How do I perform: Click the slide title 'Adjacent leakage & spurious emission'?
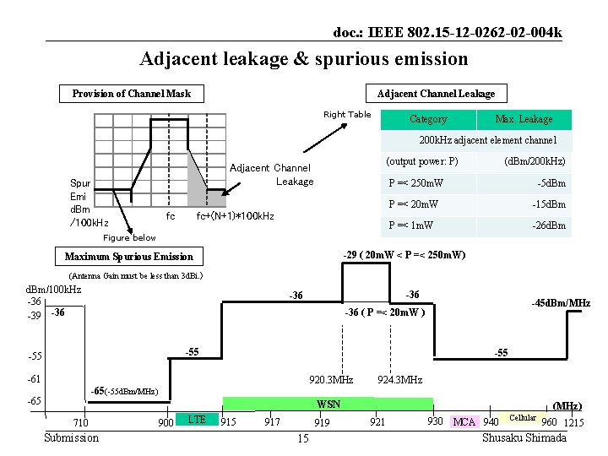pyautogui.click(x=303, y=59)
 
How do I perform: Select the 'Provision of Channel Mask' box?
pyautogui.click(x=131, y=94)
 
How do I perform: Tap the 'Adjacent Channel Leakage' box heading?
pyautogui.click(x=436, y=94)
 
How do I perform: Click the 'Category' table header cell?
pyautogui.click(x=427, y=119)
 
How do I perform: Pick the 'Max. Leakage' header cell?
pyautogui.click(x=524, y=119)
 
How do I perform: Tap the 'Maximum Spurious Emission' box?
pyautogui.click(x=128, y=256)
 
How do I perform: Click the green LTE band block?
pyautogui.click(x=196, y=419)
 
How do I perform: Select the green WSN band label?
pyautogui.click(x=328, y=404)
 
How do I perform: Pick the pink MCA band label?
pyautogui.click(x=464, y=421)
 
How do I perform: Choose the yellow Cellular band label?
pyautogui.click(x=523, y=418)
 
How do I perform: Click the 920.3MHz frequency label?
pyautogui.click(x=331, y=379)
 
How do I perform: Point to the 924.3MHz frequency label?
pyautogui.click(x=400, y=379)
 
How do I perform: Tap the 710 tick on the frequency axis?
pyautogui.click(x=81, y=422)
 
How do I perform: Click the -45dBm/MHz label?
pyautogui.click(x=561, y=303)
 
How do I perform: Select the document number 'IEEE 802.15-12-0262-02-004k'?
pyautogui.click(x=448, y=33)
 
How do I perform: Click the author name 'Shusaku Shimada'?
pyautogui.click(x=524, y=437)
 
